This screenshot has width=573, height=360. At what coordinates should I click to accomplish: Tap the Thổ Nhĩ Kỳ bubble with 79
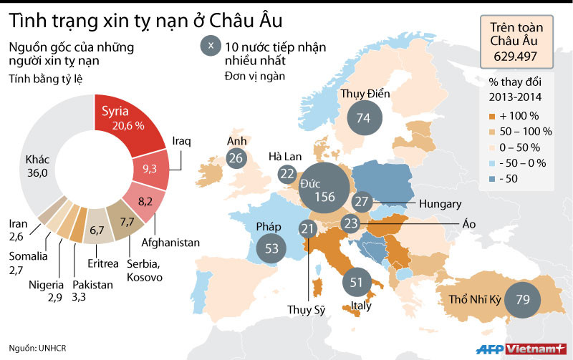pos(522,298)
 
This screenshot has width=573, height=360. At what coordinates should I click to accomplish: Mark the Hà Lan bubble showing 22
pos(287,173)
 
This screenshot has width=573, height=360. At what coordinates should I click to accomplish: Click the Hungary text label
pos(440,204)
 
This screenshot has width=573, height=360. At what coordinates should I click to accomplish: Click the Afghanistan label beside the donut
pos(170,243)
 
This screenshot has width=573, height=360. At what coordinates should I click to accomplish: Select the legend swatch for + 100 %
pos(491,115)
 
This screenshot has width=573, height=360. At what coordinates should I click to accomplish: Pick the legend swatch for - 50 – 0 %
pos(491,163)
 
